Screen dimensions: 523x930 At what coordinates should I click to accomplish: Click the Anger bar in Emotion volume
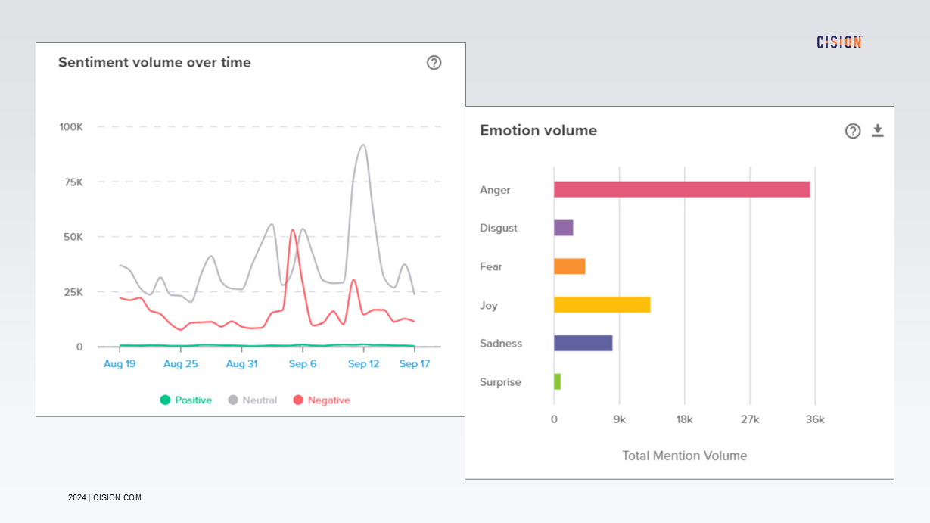[681, 189]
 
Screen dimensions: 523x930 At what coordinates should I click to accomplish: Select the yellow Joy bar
[602, 304]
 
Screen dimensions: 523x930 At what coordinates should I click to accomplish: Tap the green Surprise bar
[557, 381]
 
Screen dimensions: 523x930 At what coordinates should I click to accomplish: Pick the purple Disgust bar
[563, 228]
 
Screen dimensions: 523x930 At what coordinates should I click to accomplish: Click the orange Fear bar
[569, 266]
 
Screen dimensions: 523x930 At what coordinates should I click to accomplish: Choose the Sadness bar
[583, 343]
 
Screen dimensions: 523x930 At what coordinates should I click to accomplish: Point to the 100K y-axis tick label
[71, 126]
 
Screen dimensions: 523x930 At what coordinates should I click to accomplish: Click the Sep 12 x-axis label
[363, 364]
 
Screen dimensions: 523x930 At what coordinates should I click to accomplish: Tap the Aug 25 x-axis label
[180, 364]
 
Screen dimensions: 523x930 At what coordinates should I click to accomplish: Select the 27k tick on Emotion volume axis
[749, 419]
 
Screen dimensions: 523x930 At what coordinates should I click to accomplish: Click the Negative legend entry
[321, 400]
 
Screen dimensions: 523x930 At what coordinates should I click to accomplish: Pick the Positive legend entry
[185, 400]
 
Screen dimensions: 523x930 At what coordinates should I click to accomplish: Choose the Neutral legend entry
[253, 400]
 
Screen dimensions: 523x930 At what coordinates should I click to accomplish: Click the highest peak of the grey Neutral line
[363, 145]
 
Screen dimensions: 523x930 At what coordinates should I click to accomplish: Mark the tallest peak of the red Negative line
[293, 230]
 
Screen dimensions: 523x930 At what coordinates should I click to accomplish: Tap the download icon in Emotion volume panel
[877, 131]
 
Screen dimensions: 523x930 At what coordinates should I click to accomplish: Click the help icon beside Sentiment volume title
[434, 63]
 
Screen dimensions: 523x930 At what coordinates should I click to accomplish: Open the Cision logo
[839, 42]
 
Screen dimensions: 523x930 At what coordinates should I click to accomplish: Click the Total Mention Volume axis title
[684, 456]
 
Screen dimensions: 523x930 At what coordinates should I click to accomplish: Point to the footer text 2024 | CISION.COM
[104, 497]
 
